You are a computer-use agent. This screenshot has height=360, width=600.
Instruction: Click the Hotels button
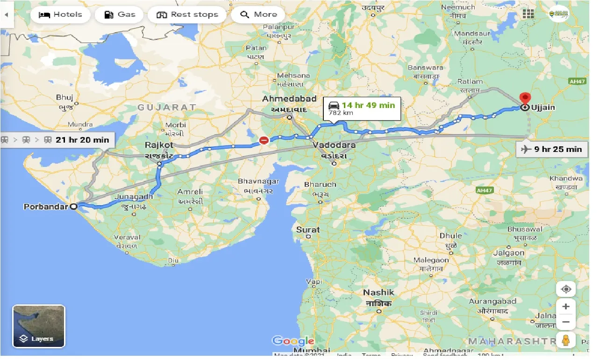pos(59,14)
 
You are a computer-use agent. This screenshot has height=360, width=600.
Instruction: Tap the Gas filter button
pos(119,14)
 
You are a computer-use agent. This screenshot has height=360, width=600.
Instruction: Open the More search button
pos(258,14)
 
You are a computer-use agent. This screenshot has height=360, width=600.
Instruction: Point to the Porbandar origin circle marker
pos(73,206)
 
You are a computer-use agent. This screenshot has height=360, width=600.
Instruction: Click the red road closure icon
pos(264,140)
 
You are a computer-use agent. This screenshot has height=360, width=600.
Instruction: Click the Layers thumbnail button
pos(39,326)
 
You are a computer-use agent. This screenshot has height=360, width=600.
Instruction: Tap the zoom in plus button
pos(566,307)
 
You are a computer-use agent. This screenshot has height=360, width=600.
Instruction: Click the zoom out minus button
pos(566,322)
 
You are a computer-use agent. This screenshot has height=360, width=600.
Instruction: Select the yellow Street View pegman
pos(566,340)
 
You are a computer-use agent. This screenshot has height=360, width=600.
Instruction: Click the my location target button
pos(566,289)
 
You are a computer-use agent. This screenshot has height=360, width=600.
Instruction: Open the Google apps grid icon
pos(528,14)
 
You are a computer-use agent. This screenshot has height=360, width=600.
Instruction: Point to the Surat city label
pos(308,230)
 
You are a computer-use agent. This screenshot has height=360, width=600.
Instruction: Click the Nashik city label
pos(379,293)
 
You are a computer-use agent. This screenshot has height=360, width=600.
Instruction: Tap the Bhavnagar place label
pos(258,181)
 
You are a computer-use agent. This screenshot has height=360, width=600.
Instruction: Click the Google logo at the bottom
pos(293,341)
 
